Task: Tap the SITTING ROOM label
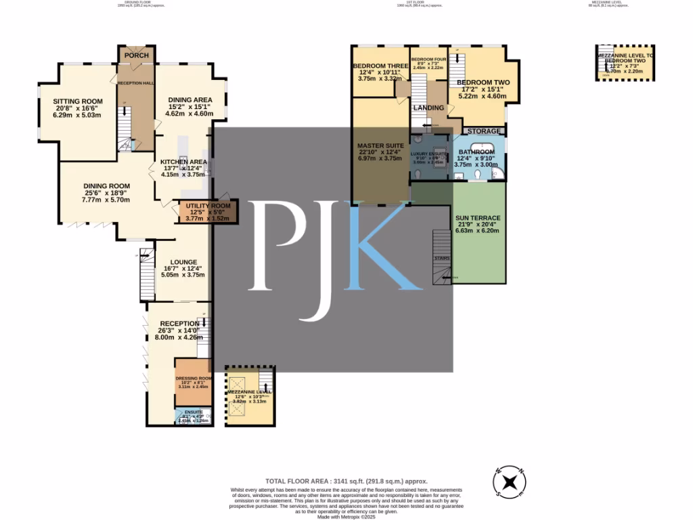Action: coord(77,101)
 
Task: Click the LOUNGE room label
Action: coord(183,262)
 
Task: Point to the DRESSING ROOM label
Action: coord(194,378)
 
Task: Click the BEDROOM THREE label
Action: coord(380,65)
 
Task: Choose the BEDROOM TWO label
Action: coord(483,83)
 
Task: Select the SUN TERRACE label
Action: coord(478,217)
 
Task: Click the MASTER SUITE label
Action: coord(380,146)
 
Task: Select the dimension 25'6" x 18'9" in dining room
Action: coord(106,193)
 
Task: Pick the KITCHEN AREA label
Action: coord(183,162)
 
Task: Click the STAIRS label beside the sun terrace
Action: coord(441,258)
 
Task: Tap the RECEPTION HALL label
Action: coord(135,83)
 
